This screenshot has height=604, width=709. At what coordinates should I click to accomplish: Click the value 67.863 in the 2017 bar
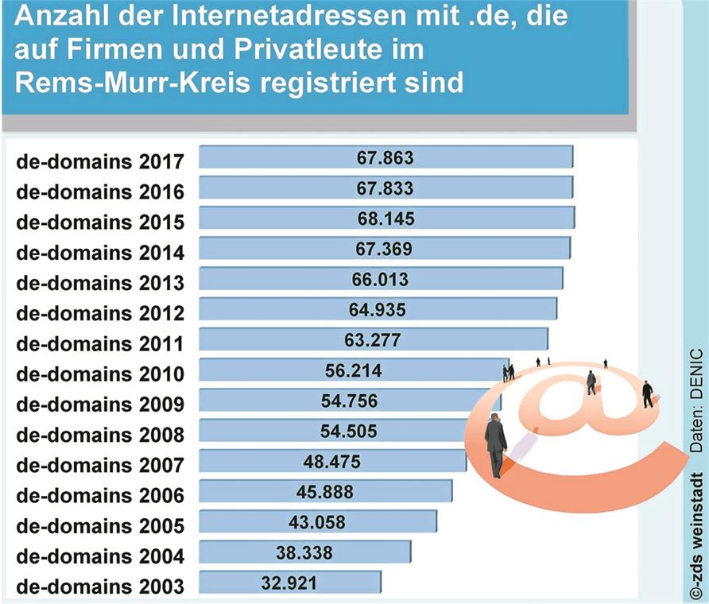385,157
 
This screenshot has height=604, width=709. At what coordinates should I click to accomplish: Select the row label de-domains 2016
100,192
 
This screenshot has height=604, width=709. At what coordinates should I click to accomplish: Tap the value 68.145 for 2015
386,219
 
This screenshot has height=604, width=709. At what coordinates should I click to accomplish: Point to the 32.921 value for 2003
289,583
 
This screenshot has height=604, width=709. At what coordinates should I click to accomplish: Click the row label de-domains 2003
100,587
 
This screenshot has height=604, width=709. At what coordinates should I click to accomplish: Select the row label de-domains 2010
100,374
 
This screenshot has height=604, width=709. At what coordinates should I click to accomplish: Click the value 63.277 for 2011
373,340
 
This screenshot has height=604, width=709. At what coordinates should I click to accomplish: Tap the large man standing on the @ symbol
495,445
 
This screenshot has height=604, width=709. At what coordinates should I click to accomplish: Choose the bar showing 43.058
317,522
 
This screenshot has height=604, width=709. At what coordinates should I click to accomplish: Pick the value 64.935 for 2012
378,309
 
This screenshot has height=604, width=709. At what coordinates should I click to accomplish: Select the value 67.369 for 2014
384,249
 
